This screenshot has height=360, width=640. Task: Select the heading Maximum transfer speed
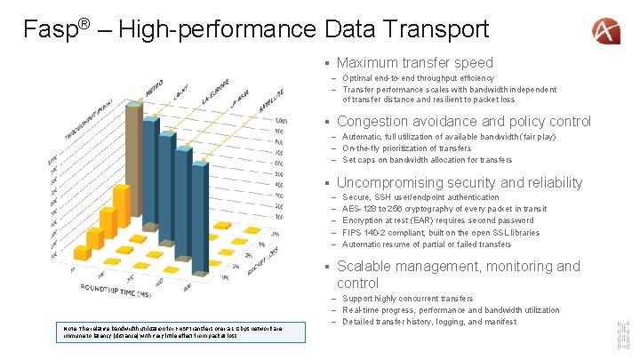point(414,62)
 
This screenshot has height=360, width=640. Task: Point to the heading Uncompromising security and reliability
point(460,182)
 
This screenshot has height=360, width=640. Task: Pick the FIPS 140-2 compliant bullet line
point(440,232)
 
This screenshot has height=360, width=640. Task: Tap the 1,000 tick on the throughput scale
point(281,120)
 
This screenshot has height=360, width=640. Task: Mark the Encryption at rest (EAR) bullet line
point(437,220)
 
